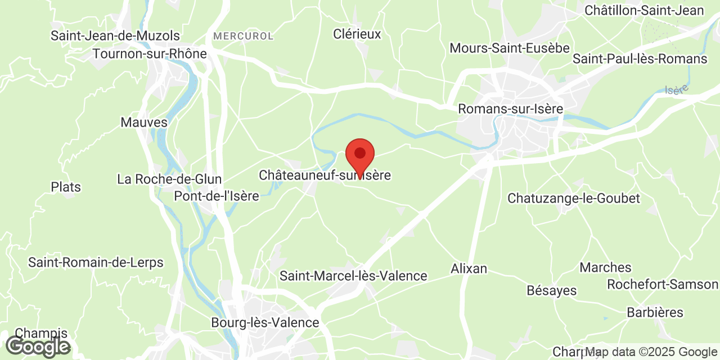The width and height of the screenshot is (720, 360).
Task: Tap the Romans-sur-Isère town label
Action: [510, 109]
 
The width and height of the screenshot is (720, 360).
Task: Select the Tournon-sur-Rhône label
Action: [150, 54]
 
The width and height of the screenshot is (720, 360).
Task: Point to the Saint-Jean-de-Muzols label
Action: [115, 35]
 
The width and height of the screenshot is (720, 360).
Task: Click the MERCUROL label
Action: [243, 36]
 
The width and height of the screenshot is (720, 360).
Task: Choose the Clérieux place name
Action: [357, 34]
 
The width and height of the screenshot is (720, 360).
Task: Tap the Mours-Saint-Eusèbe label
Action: [510, 48]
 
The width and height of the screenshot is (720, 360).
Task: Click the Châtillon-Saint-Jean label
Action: [644, 10]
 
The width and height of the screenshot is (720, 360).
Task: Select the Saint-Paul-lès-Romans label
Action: [640, 59]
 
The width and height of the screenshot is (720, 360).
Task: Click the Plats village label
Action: [66, 187]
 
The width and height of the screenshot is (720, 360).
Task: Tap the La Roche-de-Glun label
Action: [169, 179]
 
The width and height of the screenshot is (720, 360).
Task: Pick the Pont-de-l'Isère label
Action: [216, 196]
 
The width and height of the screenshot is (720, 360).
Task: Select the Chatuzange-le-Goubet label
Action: [574, 198]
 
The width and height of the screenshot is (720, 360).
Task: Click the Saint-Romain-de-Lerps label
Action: [96, 262]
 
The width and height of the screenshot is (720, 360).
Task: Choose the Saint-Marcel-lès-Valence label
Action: [353, 276]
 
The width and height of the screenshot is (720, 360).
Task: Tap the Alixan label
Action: [469, 268]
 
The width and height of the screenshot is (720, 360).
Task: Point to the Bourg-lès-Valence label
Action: [265, 323]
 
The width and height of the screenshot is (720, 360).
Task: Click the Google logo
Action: [38, 346]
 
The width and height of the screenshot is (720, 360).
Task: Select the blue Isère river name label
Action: [676, 89]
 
